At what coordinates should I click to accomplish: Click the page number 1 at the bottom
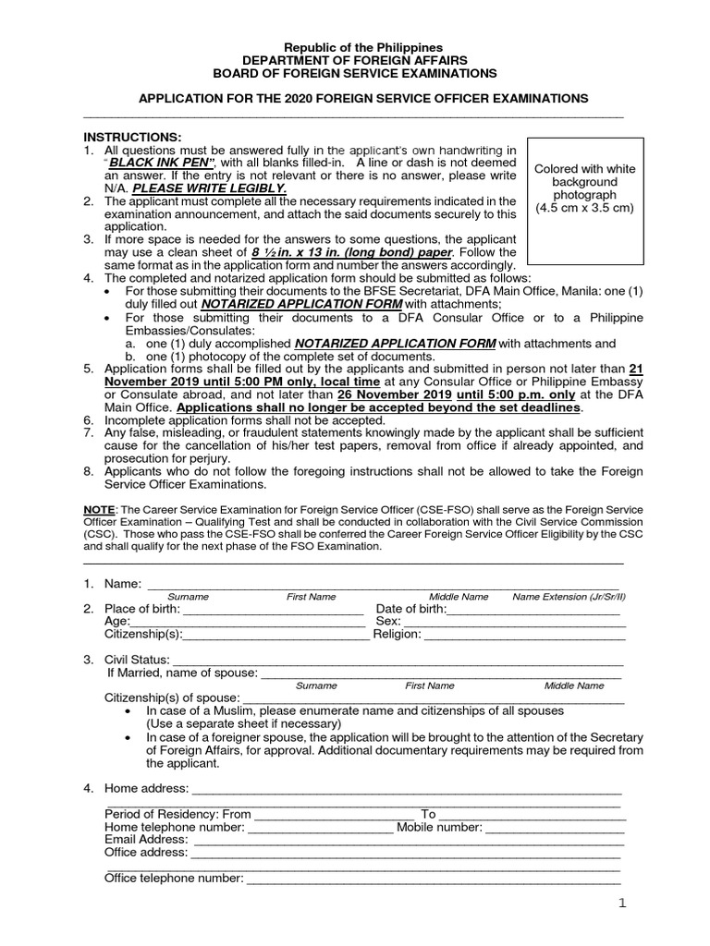(622, 904)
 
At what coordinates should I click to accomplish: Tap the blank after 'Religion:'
(524, 635)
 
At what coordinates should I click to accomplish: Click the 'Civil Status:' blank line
(398, 660)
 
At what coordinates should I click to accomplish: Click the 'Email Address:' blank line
(407, 840)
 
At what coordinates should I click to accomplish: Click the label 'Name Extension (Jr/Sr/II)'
(569, 597)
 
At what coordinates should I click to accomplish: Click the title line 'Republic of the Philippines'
(362, 47)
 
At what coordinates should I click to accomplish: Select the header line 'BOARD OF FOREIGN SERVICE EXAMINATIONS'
(355, 73)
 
